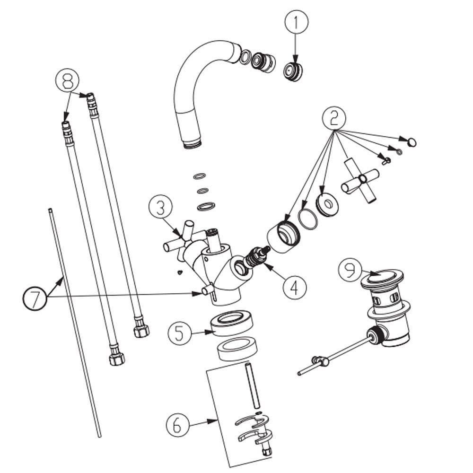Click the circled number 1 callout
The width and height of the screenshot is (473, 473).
[x=296, y=22]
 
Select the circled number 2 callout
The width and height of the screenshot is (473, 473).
[x=334, y=118]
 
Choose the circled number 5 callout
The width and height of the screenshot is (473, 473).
[x=180, y=333]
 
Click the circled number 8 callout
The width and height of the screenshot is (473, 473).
[x=68, y=81]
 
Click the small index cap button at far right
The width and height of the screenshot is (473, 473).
[x=412, y=141]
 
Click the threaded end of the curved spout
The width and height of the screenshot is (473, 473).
[x=193, y=142]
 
